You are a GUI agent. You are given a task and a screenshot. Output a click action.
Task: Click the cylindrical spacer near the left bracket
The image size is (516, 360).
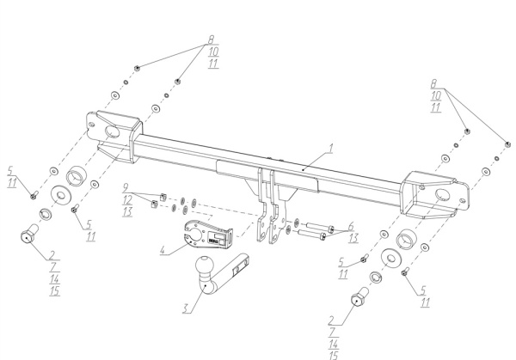coord(78,177)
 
